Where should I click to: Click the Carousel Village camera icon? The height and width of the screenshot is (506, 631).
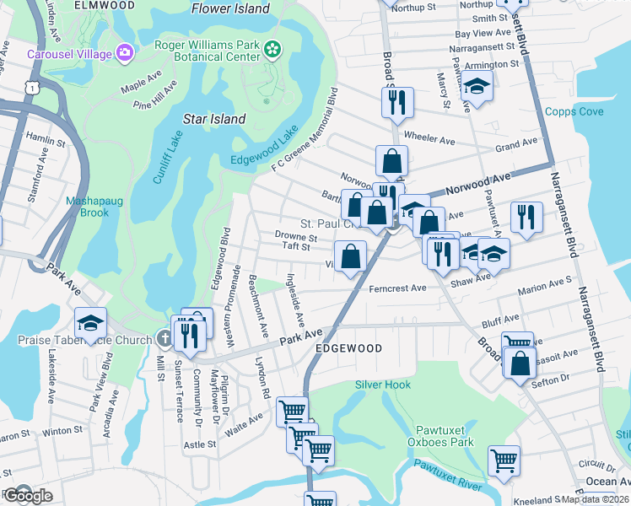[126, 54]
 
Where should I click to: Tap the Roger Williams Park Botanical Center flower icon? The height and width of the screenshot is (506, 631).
[272, 51]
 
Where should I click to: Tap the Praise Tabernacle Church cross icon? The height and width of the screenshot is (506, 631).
[164, 338]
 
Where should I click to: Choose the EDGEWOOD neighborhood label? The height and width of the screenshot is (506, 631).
[348, 347]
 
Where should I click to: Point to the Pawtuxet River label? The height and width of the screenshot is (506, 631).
[446, 475]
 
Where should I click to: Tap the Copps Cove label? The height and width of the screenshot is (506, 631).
[574, 111]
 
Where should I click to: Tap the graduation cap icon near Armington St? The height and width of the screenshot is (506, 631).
[477, 86]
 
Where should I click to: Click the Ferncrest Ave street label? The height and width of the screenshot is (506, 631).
[397, 288]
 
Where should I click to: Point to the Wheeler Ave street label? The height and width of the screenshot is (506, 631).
[429, 137]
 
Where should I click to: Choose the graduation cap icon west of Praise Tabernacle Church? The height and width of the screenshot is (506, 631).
[90, 322]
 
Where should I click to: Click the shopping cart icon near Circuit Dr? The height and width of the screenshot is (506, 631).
[504, 460]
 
